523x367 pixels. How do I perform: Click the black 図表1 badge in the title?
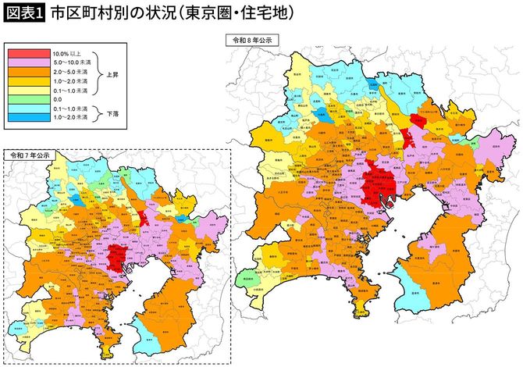coord(23,14)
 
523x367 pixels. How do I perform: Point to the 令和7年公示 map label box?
coord(30,155)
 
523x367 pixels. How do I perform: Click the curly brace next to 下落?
coord(98,112)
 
